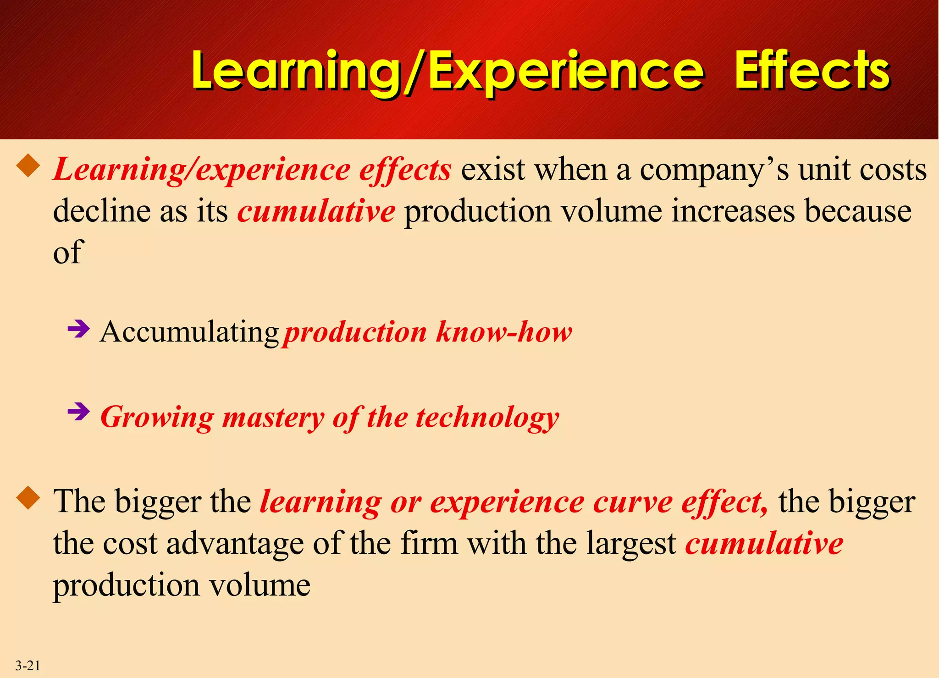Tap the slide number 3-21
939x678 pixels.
(x=28, y=665)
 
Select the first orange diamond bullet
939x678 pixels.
(x=28, y=165)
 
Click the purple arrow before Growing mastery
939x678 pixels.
(x=78, y=412)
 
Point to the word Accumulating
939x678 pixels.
(x=189, y=332)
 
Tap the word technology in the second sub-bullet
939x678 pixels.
(x=487, y=418)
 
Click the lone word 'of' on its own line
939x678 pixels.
(x=67, y=253)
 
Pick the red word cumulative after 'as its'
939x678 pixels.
(x=316, y=211)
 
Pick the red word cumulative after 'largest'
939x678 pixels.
(x=764, y=543)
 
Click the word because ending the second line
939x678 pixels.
(x=858, y=211)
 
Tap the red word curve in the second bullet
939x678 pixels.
(x=632, y=502)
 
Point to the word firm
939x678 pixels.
(x=429, y=543)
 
